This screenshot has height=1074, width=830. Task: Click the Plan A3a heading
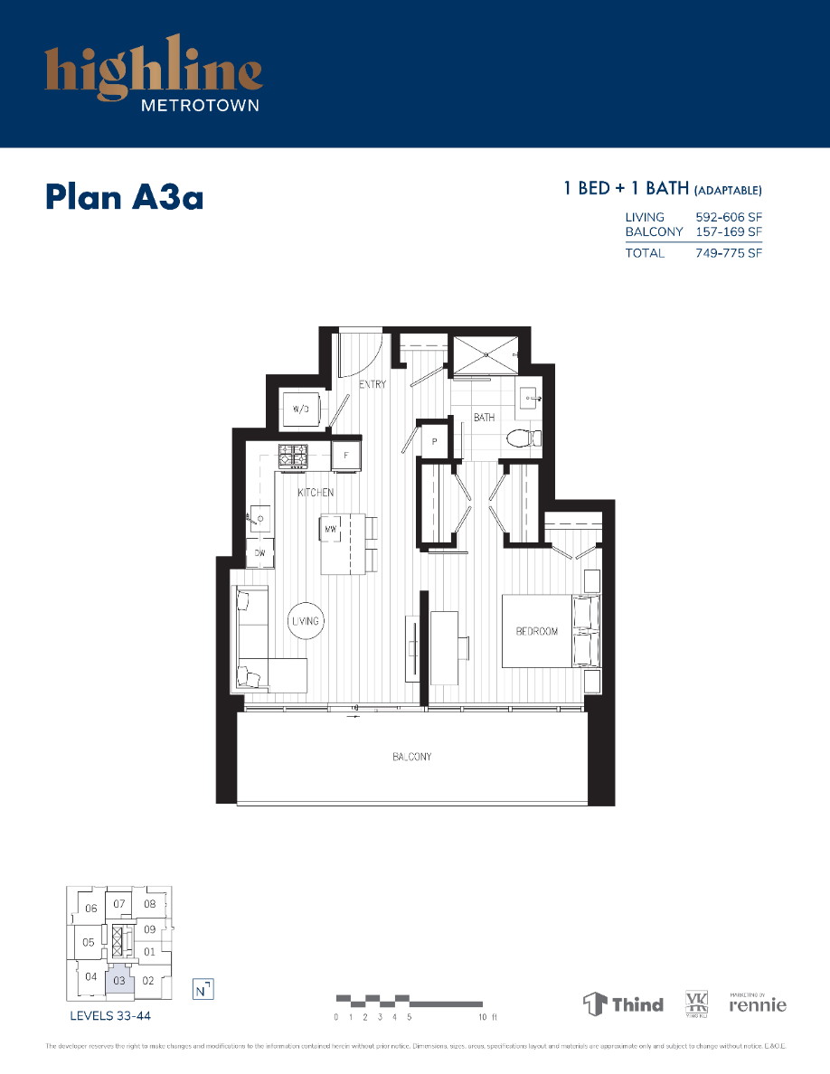124,196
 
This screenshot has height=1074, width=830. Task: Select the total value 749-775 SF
729,253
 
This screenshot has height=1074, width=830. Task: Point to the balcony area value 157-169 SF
729,231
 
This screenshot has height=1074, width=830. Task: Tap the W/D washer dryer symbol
301,409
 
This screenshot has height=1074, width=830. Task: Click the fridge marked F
346,456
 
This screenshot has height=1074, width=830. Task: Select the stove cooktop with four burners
292,456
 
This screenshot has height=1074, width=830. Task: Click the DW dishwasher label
259,552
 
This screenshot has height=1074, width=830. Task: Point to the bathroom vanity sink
529,397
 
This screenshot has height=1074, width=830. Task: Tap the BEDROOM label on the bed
536,631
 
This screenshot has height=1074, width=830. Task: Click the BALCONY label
411,757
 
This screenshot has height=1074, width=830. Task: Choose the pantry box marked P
435,442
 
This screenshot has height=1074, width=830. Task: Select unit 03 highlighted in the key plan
119,980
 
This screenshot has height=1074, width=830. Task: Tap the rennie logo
758,1004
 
